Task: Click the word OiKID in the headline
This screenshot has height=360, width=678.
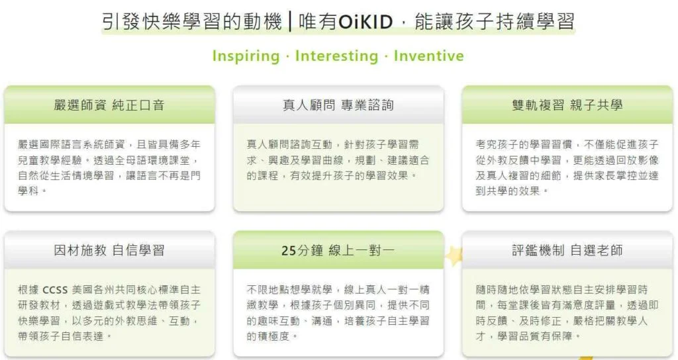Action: tap(367, 22)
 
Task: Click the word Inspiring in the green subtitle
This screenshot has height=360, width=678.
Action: tap(246, 56)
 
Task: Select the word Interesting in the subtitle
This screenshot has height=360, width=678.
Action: tap(336, 56)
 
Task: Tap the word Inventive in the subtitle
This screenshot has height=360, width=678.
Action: tap(428, 56)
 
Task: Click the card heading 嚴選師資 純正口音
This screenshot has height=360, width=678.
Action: tap(109, 105)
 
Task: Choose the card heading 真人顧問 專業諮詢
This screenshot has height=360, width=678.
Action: tap(338, 105)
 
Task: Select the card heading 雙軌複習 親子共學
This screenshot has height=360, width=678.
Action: tap(567, 105)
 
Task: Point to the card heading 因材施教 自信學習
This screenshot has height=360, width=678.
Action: tap(109, 250)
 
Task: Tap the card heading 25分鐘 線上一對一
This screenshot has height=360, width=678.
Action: tap(338, 250)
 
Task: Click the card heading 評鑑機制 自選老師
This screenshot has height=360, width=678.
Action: tap(567, 250)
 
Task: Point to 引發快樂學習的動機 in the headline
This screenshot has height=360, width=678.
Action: tap(194, 22)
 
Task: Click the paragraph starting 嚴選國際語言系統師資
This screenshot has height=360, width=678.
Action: tap(109, 166)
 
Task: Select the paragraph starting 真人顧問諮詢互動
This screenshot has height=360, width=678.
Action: tap(338, 159)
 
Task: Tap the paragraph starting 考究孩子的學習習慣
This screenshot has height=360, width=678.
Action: tap(567, 166)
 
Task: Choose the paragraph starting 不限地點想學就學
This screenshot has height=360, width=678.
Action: tap(338, 312)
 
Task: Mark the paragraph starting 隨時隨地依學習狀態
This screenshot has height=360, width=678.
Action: tap(567, 312)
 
